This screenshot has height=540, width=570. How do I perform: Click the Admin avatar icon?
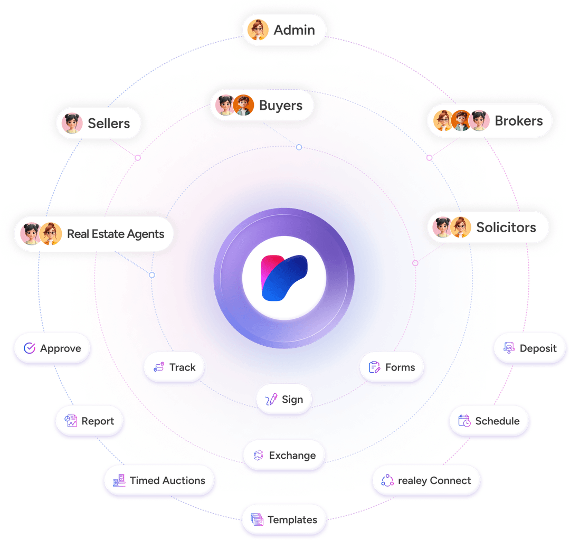[258, 30]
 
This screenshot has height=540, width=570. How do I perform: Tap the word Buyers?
[281, 106]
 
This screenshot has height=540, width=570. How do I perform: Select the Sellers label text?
[109, 124]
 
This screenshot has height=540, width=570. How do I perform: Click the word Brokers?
[518, 121]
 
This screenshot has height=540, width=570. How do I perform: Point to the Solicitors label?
[506, 228]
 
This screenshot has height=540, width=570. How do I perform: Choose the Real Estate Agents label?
[116, 234]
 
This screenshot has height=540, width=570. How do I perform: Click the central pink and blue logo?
[284, 278]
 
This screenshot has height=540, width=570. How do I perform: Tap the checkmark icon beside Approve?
[30, 348]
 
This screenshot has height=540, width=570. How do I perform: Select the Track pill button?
[174, 367]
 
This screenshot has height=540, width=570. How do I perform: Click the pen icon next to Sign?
[271, 399]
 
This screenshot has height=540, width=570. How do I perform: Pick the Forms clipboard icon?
[374, 367]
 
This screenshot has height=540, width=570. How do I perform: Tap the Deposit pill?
[530, 348]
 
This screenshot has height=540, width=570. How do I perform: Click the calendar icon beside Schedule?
[464, 421]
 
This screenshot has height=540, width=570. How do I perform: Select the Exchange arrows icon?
[259, 455]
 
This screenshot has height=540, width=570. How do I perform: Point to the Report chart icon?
[71, 421]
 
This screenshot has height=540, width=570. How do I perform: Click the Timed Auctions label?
[168, 480]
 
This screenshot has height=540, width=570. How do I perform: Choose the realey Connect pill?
[426, 480]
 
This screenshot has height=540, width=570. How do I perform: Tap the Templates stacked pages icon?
[257, 519]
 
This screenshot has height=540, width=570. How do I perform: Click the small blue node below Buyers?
[299, 147]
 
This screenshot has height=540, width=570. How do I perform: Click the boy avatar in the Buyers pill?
[243, 105]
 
